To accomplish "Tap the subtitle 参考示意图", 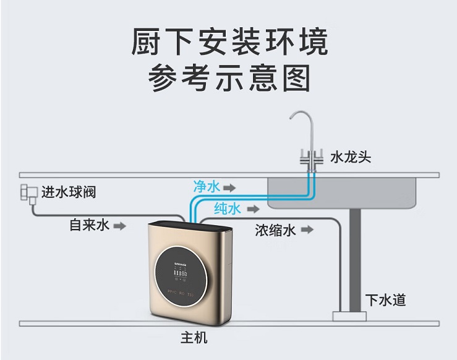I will tap(229, 79).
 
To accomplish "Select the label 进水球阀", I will tap(69, 192).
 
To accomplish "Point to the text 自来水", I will tap(89, 225).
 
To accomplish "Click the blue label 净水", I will tap(207, 186).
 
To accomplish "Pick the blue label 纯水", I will tap(227, 208).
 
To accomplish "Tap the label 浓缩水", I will tap(276, 231).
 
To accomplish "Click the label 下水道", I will tap(385, 300).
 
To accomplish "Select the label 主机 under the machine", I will tap(194, 338).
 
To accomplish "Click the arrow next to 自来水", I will tap(120, 226).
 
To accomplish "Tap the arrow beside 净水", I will tap(229, 186).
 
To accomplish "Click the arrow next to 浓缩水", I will tap(307, 231).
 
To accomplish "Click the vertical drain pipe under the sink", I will tap(355, 260).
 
